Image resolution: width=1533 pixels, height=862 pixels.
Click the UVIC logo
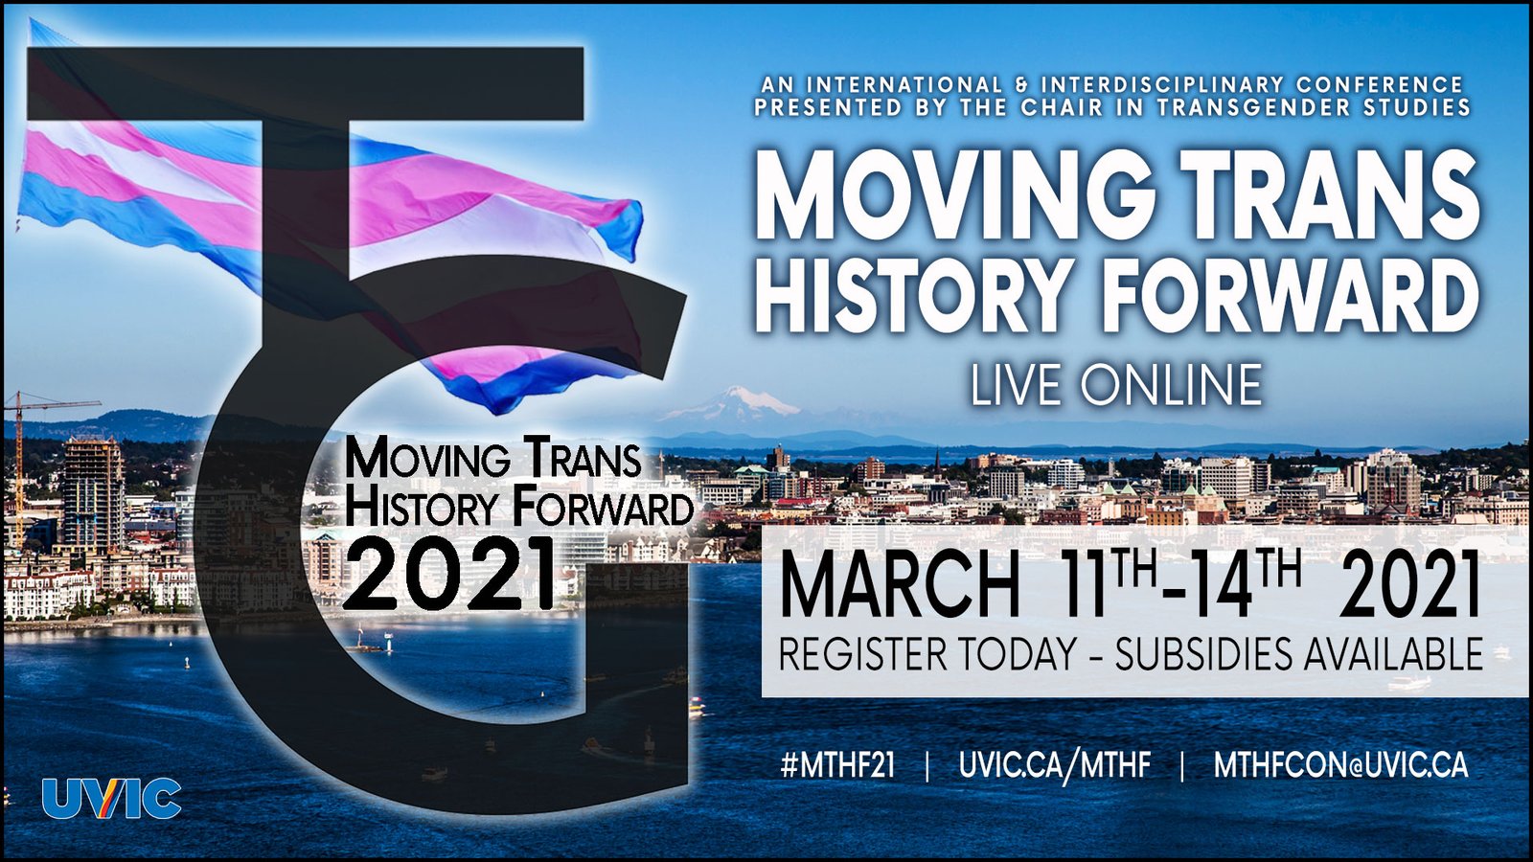[111, 799]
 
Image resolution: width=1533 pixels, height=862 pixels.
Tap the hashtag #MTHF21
[837, 765]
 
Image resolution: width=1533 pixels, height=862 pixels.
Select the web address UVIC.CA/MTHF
[1055, 765]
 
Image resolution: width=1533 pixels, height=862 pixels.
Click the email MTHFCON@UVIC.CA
[1340, 765]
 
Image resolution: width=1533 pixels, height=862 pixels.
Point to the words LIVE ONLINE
[1116, 384]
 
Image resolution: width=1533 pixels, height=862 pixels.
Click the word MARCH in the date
[900, 589]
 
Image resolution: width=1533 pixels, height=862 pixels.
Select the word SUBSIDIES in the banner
[1204, 654]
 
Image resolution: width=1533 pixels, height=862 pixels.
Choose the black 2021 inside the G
[447, 574]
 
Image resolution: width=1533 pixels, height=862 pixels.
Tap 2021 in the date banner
[1410, 589]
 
